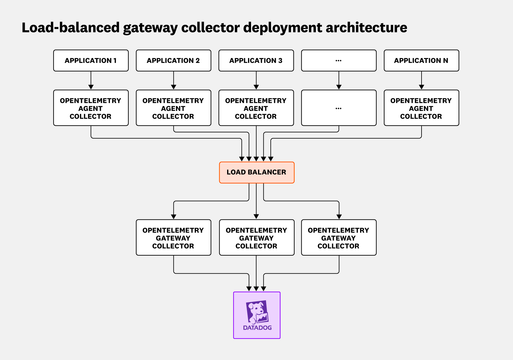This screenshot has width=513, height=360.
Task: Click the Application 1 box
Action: pyautogui.click(x=91, y=61)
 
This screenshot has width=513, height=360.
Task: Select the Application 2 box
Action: pyautogui.click(x=174, y=61)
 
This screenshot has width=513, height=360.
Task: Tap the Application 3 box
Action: pyautogui.click(x=256, y=61)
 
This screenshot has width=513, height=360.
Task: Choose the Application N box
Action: pyautogui.click(x=421, y=61)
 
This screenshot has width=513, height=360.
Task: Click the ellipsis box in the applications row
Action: pyautogui.click(x=339, y=61)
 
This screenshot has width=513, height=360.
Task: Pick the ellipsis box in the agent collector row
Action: pyautogui.click(x=339, y=108)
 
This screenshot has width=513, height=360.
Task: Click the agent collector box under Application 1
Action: pyautogui.click(x=91, y=108)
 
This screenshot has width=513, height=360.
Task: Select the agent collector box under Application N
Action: pyautogui.click(x=421, y=108)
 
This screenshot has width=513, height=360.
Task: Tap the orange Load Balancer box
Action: pyautogui.click(x=256, y=172)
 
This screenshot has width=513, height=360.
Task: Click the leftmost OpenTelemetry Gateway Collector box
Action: pyautogui.click(x=174, y=238)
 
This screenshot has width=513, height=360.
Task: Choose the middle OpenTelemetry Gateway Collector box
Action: pyautogui.click(x=256, y=238)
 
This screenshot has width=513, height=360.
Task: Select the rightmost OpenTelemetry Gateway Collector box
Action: pyautogui.click(x=339, y=238)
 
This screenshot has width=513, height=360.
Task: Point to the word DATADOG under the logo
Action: pyautogui.click(x=257, y=328)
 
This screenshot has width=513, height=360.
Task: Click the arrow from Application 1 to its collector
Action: pyautogui.click(x=91, y=81)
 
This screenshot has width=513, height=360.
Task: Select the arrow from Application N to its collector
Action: pyautogui.click(x=421, y=81)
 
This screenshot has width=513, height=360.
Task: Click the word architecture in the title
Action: pyautogui.click(x=366, y=28)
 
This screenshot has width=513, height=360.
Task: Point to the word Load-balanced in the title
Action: pyautogui.click(x=71, y=28)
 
